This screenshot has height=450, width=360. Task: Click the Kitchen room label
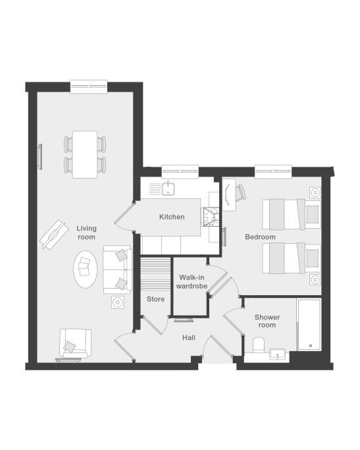(172, 217)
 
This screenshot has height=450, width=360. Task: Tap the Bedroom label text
(260, 237)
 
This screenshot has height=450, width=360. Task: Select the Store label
(155, 299)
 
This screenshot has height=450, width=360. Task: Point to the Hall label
(189, 337)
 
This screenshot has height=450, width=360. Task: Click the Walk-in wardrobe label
(192, 282)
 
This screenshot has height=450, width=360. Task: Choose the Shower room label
(267, 321)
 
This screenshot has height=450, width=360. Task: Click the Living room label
(86, 233)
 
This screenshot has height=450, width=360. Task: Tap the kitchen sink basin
(168, 188)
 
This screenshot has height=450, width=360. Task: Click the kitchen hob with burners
(211, 217)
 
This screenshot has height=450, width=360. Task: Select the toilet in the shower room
(259, 345)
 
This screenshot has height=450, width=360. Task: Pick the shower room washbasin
(278, 354)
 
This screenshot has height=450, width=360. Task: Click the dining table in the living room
(85, 154)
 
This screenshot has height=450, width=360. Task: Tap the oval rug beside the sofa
(85, 269)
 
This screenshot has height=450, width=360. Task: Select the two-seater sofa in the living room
(118, 269)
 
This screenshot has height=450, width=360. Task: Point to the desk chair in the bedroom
(241, 192)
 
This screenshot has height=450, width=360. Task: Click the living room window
(89, 86)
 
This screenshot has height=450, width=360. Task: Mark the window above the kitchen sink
(180, 171)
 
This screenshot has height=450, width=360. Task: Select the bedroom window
(273, 171)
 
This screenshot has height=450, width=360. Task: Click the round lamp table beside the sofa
(118, 302)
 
